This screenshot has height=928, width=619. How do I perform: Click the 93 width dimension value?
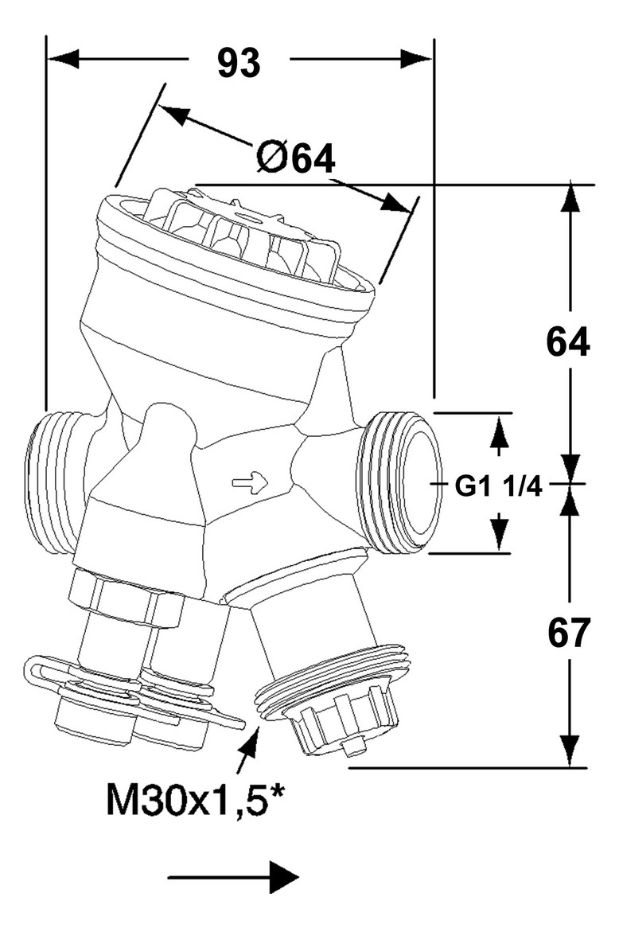point(239,62)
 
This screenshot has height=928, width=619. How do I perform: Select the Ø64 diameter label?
point(295,159)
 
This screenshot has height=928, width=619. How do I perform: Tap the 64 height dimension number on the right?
point(568,343)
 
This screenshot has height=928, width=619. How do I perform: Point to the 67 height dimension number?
point(569,633)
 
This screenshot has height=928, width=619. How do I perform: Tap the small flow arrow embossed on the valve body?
point(250,482)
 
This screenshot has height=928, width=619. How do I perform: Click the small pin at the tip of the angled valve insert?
point(355,748)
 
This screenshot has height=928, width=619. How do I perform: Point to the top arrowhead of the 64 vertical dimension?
point(569,199)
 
